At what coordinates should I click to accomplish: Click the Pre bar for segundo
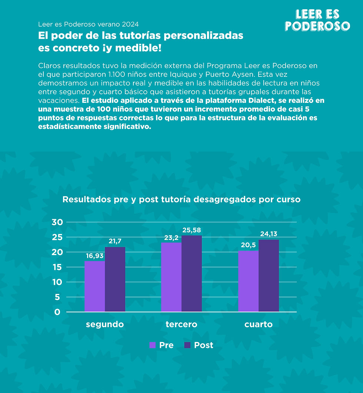[x=94, y=286]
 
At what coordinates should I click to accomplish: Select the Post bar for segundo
[x=115, y=279]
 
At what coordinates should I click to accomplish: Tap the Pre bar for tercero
[x=171, y=277]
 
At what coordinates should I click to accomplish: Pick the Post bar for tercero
[x=192, y=274]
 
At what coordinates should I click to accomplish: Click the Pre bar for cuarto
[x=248, y=281]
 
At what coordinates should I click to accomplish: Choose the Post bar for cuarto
[x=269, y=275]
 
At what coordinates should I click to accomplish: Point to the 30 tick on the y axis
[x=58, y=222]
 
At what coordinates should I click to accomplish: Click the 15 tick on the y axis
[x=58, y=267]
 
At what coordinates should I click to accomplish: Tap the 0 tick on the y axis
[x=58, y=312]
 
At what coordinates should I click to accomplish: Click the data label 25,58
[x=192, y=230]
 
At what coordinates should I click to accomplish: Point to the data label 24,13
[x=269, y=234]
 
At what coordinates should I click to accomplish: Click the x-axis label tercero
[x=181, y=325]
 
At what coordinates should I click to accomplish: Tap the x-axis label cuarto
[x=259, y=325]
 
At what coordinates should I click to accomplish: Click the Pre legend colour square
[x=152, y=345]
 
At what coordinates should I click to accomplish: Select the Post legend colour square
[x=187, y=345]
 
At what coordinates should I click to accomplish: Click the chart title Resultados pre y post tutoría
[x=181, y=199]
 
